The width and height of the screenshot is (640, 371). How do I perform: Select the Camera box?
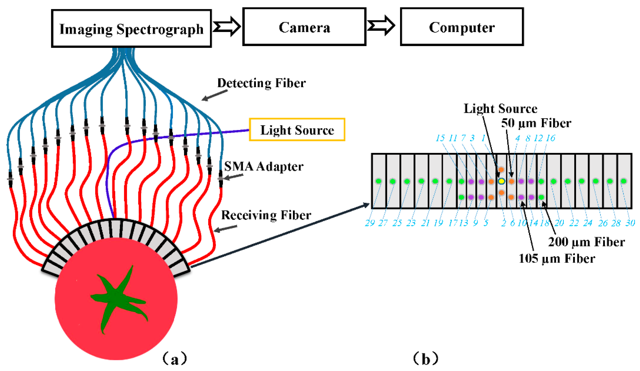click(x=304, y=27)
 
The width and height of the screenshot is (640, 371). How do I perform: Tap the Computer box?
click(x=462, y=27)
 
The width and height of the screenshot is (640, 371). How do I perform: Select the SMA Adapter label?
click(x=264, y=167)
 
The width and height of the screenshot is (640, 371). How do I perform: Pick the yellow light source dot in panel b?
click(x=501, y=181)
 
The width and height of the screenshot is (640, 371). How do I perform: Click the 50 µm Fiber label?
click(x=536, y=123)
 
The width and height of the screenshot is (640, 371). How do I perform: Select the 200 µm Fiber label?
click(x=586, y=242)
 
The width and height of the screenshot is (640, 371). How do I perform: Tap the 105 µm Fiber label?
click(x=557, y=259)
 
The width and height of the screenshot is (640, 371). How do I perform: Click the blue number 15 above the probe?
click(x=440, y=138)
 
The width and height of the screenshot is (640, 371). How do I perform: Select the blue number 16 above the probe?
click(x=550, y=138)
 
